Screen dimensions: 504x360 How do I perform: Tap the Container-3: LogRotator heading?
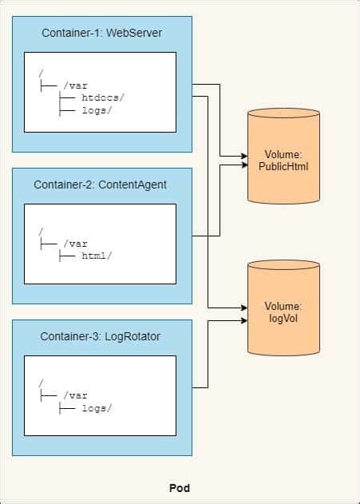(x=101, y=335)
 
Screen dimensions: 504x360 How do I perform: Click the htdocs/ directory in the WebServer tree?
(x=102, y=97)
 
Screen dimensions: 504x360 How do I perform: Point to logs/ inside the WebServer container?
(x=97, y=111)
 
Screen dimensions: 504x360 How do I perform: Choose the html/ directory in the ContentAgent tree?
(x=97, y=256)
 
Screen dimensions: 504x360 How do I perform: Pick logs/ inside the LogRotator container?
(x=97, y=408)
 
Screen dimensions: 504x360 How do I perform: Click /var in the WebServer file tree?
(x=73, y=85)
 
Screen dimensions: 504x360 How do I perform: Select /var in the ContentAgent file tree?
(x=73, y=244)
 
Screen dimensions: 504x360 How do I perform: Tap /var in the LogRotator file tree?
(x=73, y=395)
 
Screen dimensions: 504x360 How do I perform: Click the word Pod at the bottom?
(x=180, y=487)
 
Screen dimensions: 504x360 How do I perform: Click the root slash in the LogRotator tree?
(x=41, y=384)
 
